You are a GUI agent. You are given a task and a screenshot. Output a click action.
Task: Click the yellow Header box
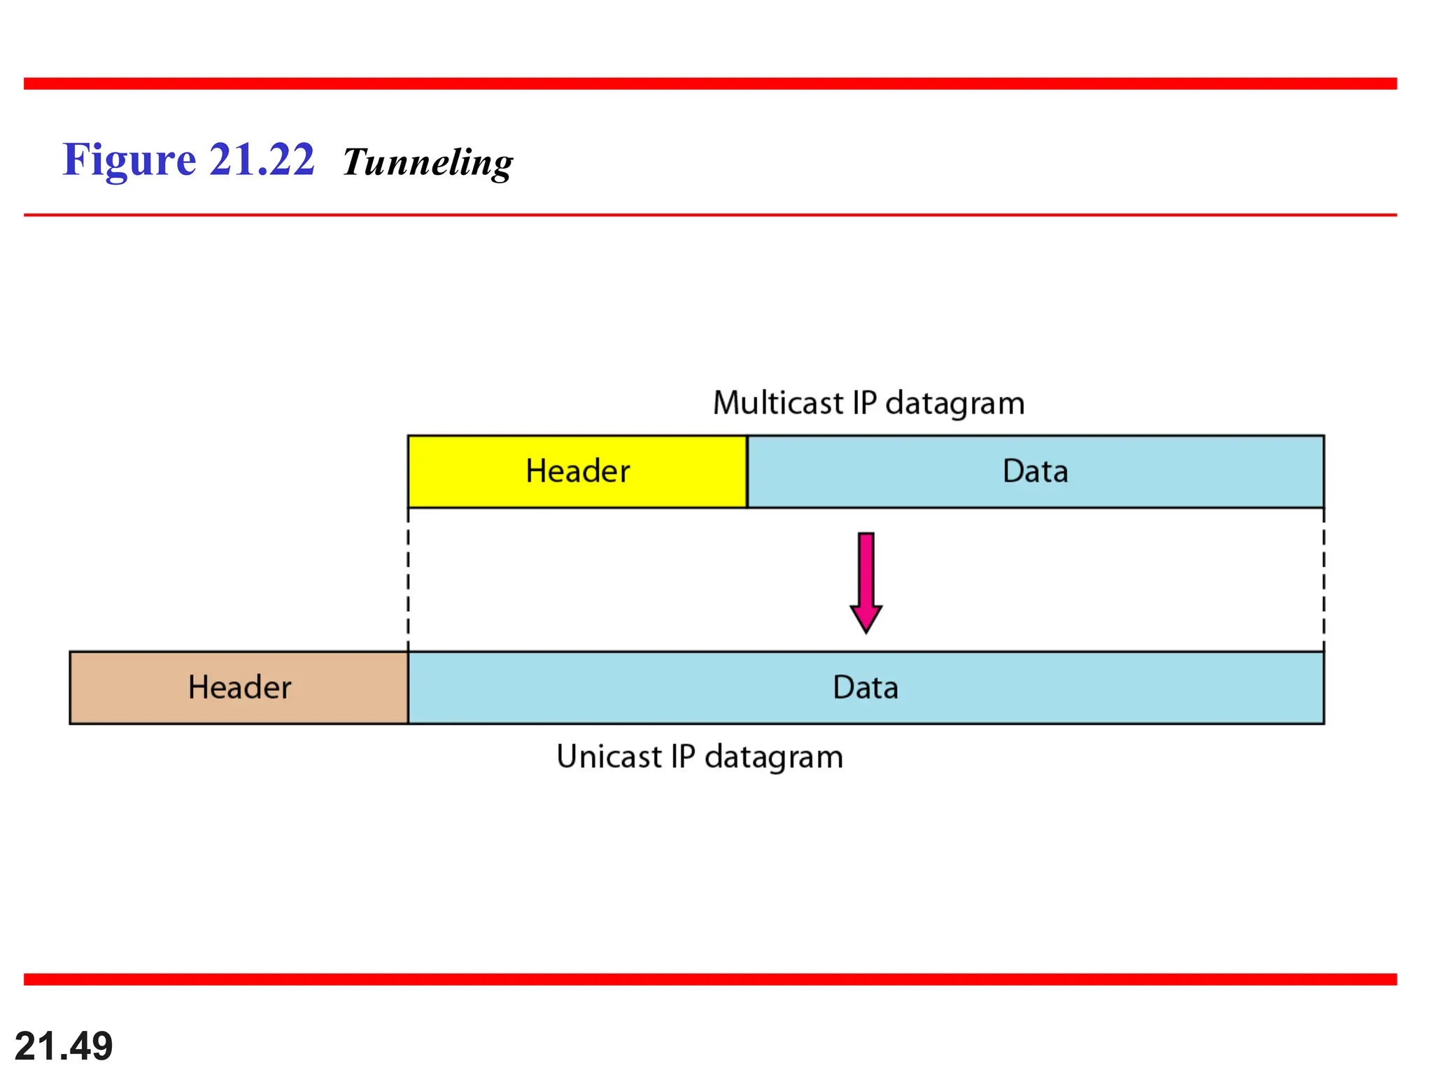pyautogui.click(x=577, y=472)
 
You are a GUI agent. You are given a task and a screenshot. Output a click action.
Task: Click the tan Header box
pyautogui.click(x=239, y=687)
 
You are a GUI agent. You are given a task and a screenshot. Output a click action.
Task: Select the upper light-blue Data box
pyautogui.click(x=1035, y=472)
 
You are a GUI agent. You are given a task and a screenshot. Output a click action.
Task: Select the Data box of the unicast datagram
pyautogui.click(x=866, y=687)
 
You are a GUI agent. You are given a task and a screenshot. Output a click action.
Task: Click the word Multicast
pyautogui.click(x=777, y=404)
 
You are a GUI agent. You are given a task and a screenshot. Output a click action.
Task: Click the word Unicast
pyautogui.click(x=609, y=757)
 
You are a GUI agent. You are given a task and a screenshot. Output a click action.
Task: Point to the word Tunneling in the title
pyautogui.click(x=428, y=162)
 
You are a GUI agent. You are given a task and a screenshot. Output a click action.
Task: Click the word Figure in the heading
pyautogui.click(x=129, y=160)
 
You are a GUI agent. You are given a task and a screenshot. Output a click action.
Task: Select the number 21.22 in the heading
pyautogui.click(x=262, y=160)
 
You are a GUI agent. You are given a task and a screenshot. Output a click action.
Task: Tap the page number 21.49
pyautogui.click(x=64, y=1046)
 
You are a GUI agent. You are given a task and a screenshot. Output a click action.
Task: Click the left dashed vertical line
pyautogui.click(x=408, y=581)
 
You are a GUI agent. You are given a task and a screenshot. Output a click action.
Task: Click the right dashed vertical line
pyautogui.click(x=1323, y=581)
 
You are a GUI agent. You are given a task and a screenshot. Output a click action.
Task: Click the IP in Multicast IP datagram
pyautogui.click(x=864, y=404)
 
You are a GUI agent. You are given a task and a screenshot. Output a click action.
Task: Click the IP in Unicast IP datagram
pyautogui.click(x=683, y=757)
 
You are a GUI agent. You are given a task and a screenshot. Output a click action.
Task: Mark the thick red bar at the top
pyautogui.click(x=710, y=84)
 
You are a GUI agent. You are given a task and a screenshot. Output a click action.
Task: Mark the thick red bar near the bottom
pyautogui.click(x=710, y=979)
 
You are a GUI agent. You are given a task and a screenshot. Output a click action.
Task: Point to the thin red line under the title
pyautogui.click(x=710, y=215)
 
